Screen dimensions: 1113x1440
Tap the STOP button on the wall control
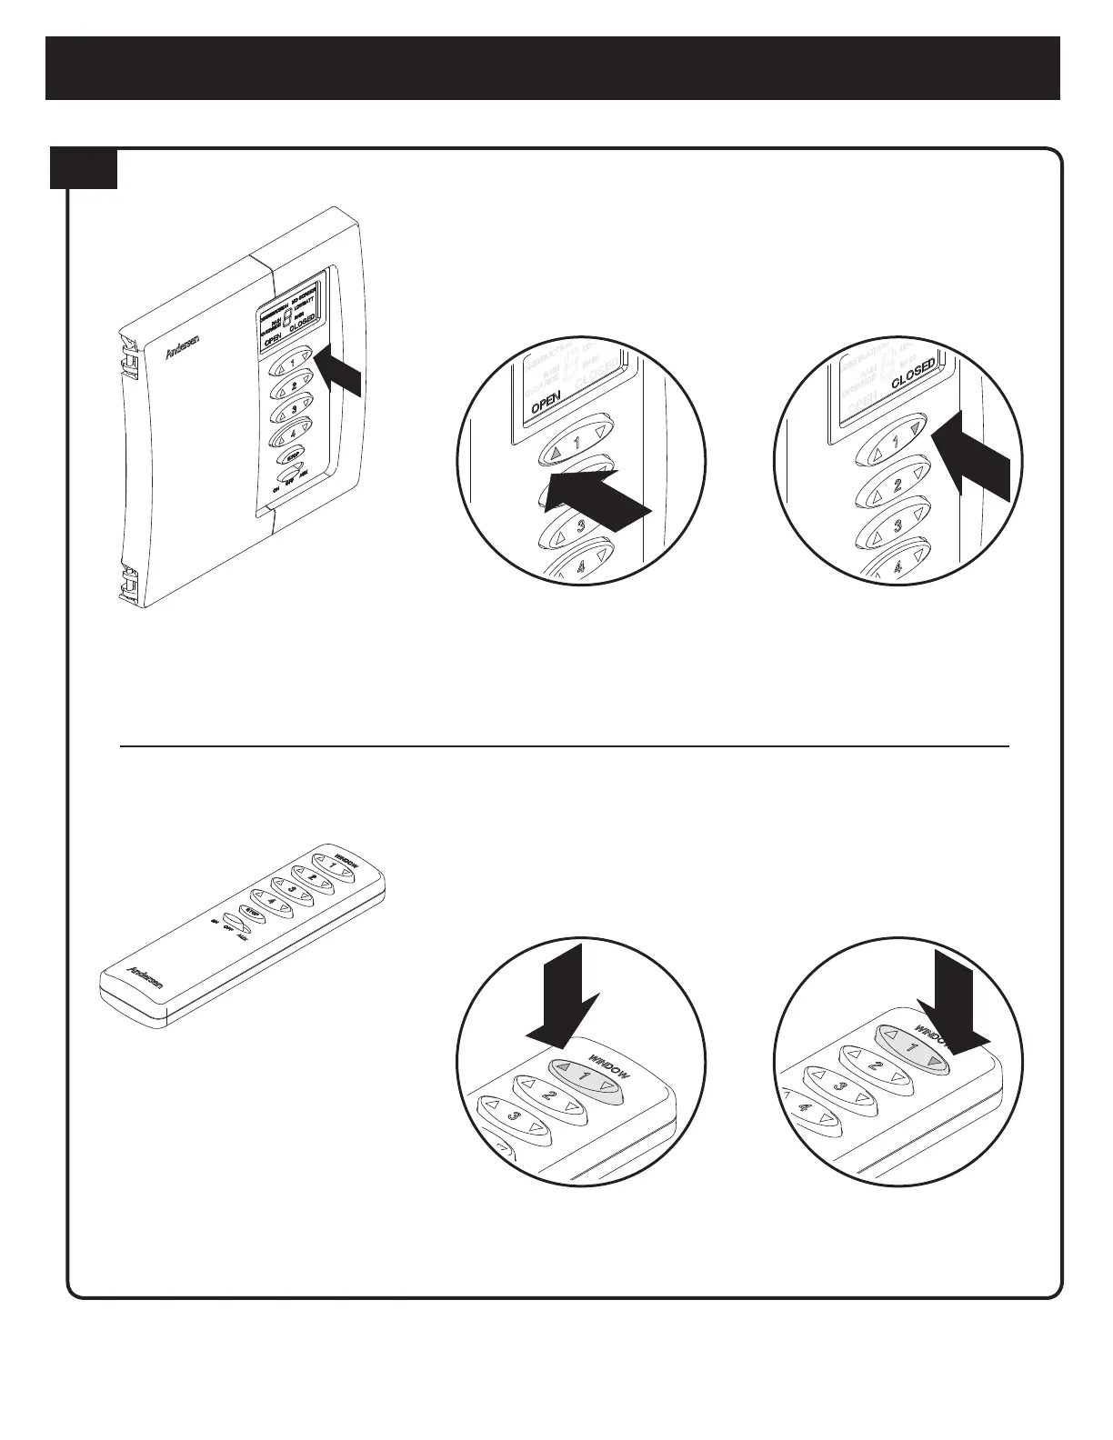pos(292,455)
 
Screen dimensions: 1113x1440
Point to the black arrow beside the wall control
pos(340,374)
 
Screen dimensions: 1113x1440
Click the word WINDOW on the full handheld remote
pos(346,858)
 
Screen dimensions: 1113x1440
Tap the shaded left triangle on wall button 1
pos(554,451)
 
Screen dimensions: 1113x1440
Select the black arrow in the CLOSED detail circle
pos(975,459)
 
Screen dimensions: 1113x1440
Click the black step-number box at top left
pos(84,168)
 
